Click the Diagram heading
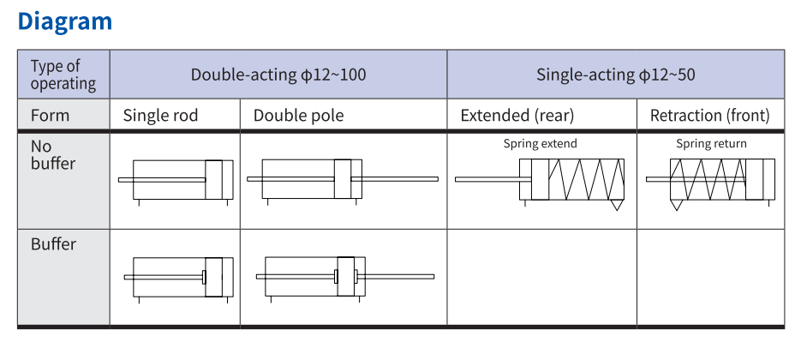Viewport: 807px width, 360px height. [65, 21]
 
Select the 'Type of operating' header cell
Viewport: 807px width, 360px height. [63, 75]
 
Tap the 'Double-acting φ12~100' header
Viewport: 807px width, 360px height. [278, 75]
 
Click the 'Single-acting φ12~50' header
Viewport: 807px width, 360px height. [615, 75]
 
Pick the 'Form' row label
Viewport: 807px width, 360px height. [50, 116]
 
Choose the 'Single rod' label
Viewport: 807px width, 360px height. [159, 116]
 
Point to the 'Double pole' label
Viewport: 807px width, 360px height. [298, 116]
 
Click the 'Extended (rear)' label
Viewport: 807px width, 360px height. [517, 116]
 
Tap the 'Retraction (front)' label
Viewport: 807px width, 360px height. [709, 116]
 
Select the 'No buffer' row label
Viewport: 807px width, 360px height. [53, 155]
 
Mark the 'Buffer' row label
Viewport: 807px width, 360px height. [53, 244]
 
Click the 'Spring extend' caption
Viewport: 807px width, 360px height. [540, 144]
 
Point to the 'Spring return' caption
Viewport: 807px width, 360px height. [711, 144]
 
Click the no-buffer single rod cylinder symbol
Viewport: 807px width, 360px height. [176, 180]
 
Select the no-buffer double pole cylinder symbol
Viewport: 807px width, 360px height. [342, 180]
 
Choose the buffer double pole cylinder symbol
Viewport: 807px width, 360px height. [344, 277]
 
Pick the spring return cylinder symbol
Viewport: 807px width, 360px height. [710, 181]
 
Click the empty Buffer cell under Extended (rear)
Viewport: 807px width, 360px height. [541, 277]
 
